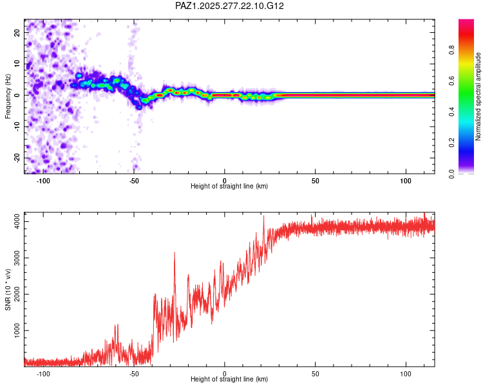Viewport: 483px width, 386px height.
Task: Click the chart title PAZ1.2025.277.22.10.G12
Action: coord(230,6)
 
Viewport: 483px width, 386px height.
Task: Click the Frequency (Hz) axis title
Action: coord(8,96)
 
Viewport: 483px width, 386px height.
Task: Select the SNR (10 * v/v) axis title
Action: coord(8,289)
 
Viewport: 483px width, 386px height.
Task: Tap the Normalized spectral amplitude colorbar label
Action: coord(478,96)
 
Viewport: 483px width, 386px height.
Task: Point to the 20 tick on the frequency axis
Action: coord(17,32)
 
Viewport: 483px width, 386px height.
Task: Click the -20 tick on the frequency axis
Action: coord(17,158)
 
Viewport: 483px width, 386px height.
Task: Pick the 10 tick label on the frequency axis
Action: coord(17,63)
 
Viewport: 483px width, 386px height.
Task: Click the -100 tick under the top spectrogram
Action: coord(43,181)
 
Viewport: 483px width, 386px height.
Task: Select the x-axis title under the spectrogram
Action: coord(229,187)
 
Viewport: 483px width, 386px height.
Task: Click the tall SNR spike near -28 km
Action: coord(175,253)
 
